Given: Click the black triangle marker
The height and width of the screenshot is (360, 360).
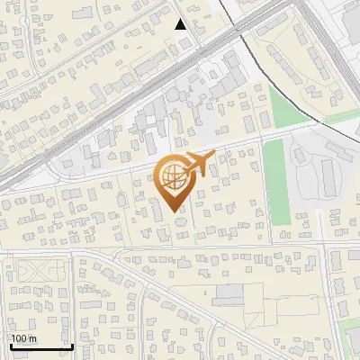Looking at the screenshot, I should [181, 24].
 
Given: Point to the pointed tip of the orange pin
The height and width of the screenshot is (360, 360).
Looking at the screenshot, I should [175, 211].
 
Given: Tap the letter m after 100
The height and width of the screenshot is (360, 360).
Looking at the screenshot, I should [32, 338].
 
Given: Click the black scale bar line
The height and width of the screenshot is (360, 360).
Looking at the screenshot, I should [40, 346].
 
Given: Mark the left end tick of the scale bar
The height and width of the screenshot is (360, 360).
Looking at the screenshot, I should [10, 344].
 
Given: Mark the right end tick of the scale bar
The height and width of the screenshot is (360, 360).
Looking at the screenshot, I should [72, 344].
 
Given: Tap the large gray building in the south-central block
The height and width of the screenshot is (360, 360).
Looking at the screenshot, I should [229, 293].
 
